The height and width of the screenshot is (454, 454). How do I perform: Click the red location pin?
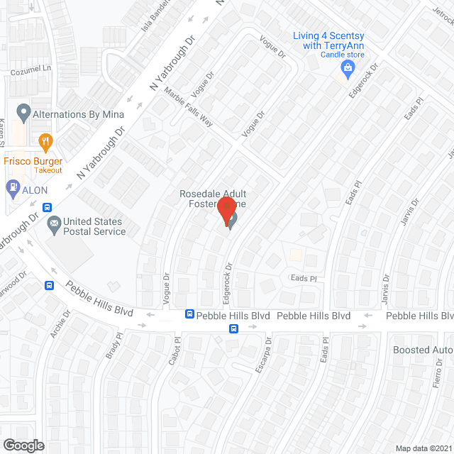coord(226,211)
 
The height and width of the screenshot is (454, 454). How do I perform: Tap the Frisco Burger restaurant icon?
coord(46,142)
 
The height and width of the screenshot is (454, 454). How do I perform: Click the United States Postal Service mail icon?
coord(54,226)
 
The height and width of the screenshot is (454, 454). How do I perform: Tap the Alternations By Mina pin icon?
coord(23,113)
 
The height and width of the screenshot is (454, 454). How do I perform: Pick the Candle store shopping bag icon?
coord(347,68)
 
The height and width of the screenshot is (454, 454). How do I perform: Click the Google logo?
coord(23,445)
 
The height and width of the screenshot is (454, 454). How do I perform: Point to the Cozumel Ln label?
coord(31,71)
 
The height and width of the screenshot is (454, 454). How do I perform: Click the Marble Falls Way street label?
coord(188,107)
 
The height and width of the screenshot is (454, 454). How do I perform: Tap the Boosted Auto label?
coord(423,350)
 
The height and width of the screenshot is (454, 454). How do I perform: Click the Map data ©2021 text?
coord(423,448)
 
